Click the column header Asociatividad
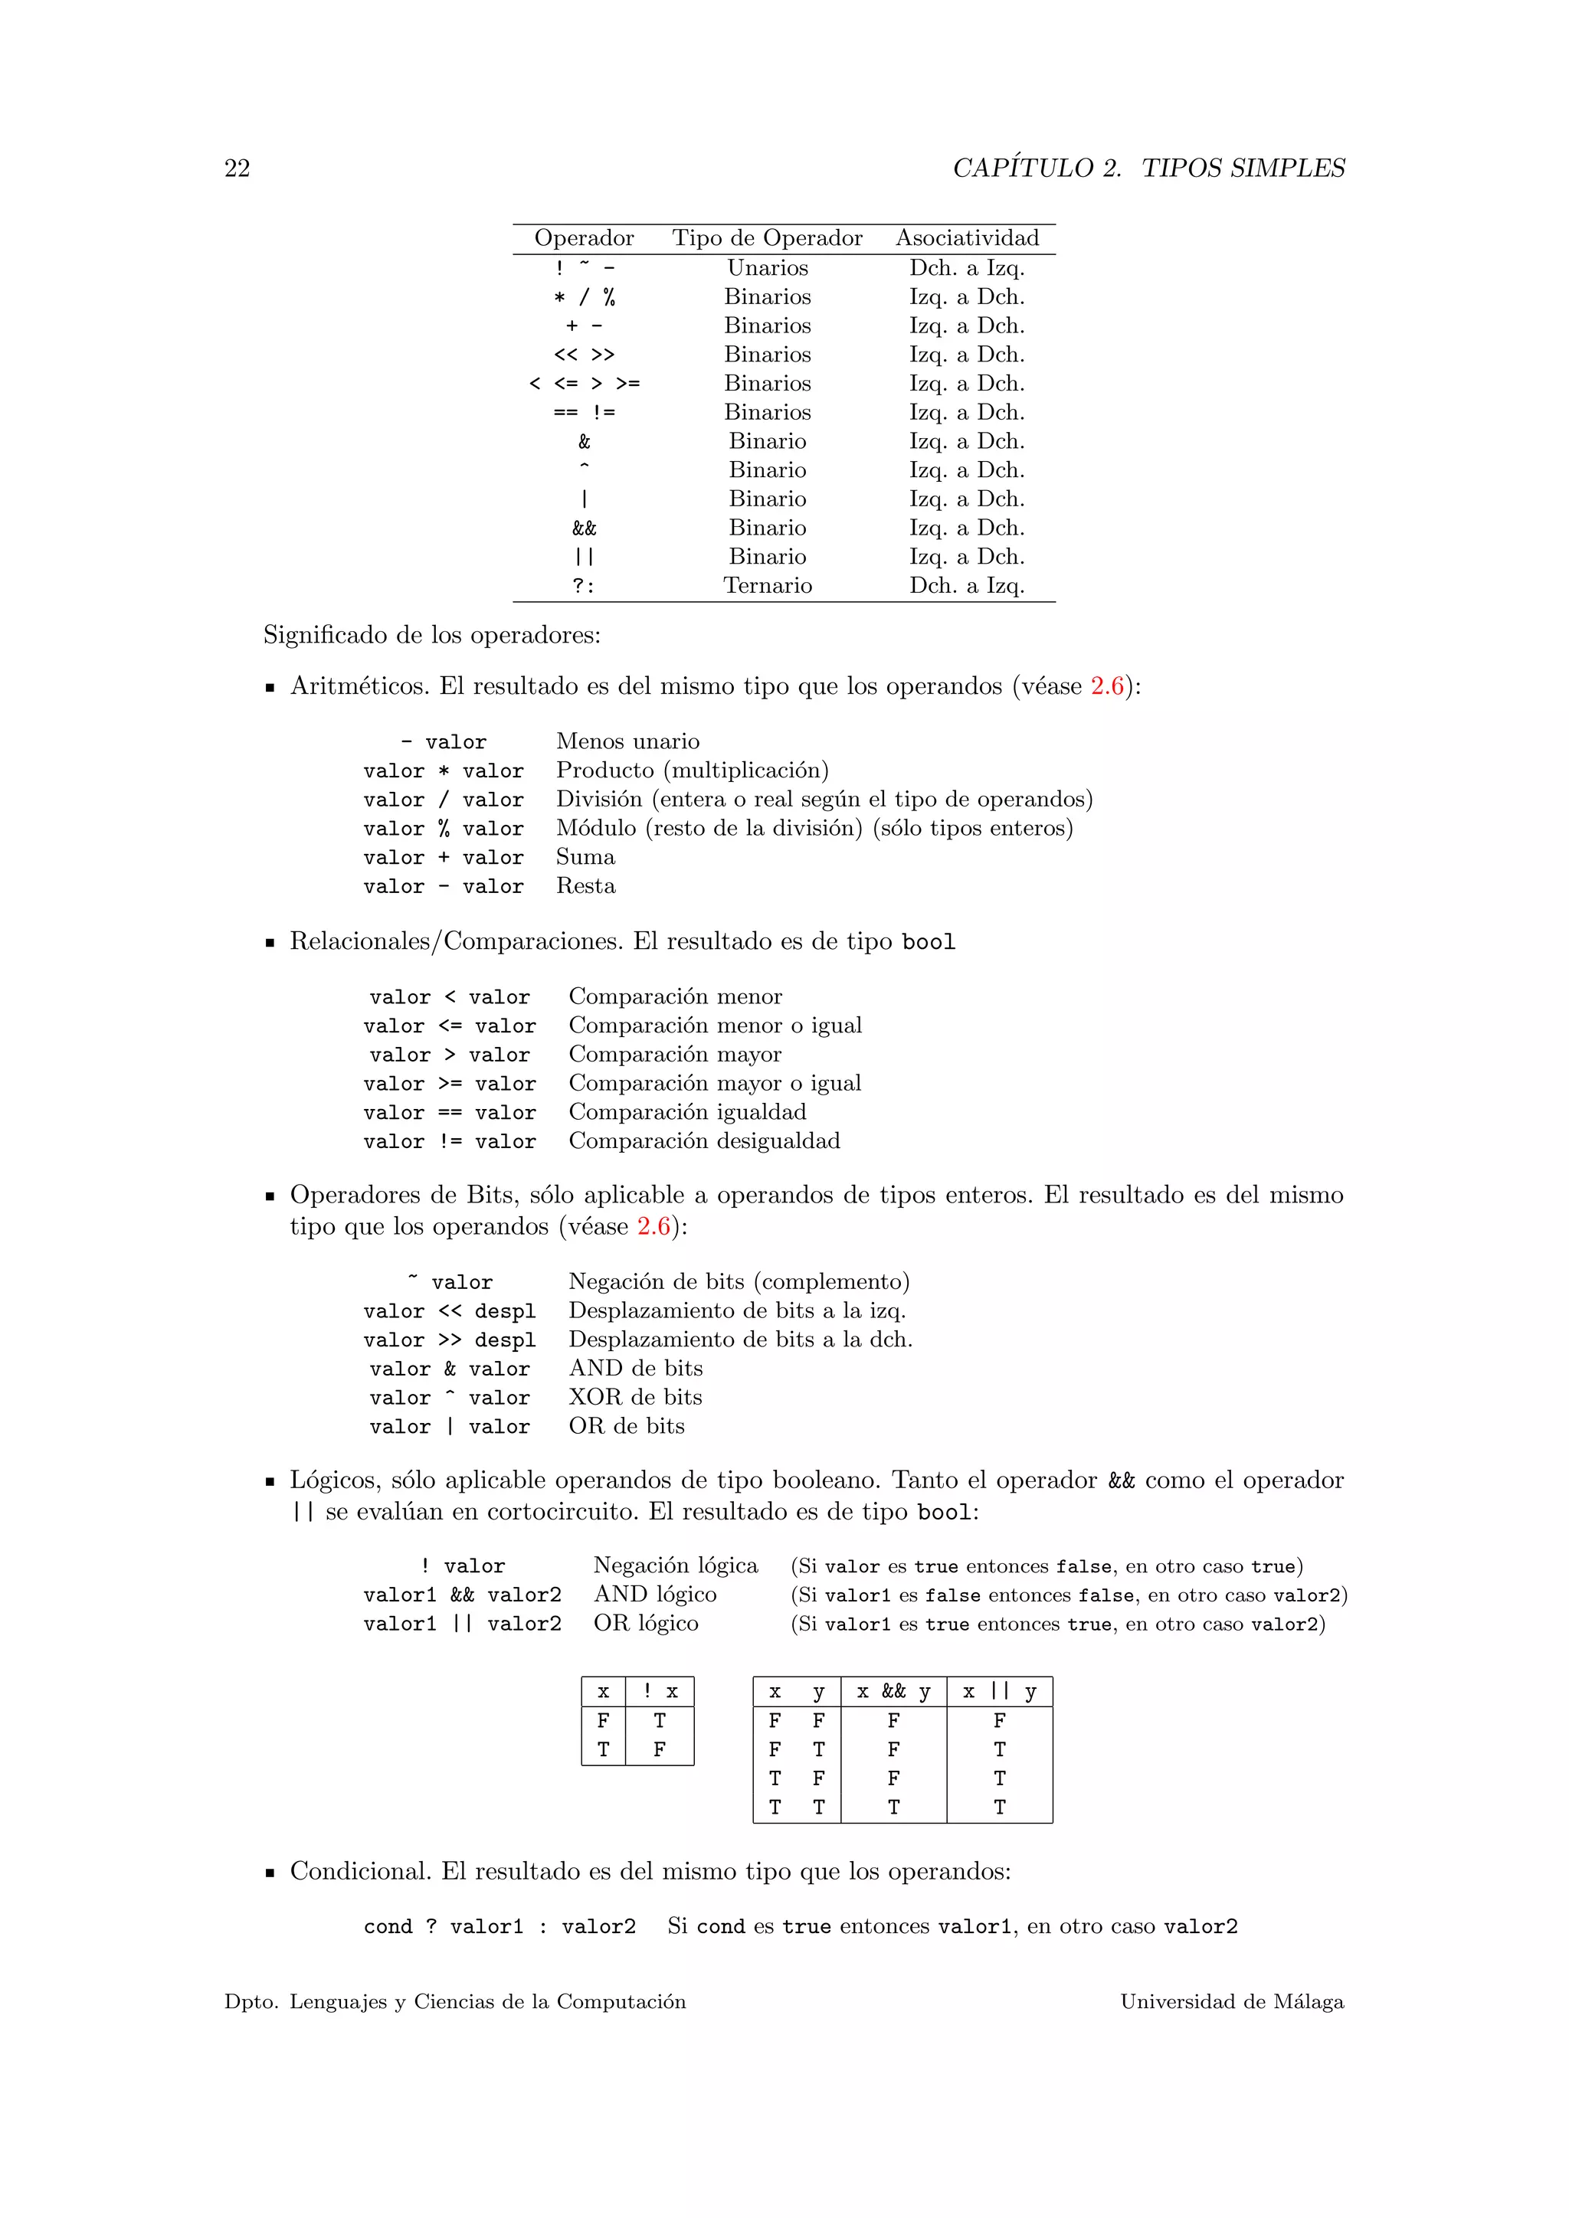pos(967,239)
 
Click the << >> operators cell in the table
pos(584,355)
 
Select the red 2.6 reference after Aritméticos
pos(1107,686)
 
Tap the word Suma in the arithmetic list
pos(585,857)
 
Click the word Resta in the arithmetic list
pos(585,886)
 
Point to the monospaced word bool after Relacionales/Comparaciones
pos(928,942)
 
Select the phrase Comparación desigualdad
pos(703,1141)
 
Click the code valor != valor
pos(449,1142)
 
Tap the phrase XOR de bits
pos(635,1397)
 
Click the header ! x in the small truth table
pos(660,1692)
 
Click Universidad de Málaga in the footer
pos(1231,2001)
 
